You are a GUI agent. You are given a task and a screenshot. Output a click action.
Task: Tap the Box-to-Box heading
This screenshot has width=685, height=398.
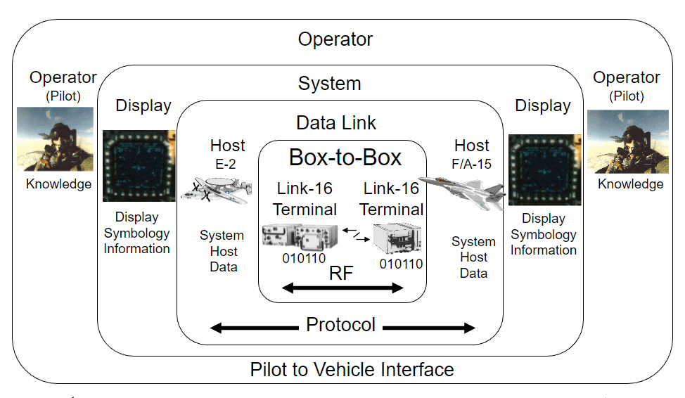[x=345, y=158]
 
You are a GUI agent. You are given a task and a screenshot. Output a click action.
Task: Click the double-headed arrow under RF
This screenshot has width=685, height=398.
[x=343, y=288]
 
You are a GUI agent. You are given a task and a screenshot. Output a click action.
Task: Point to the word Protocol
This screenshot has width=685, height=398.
[x=340, y=325]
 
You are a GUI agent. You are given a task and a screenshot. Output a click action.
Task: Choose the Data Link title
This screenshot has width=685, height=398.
[x=336, y=123]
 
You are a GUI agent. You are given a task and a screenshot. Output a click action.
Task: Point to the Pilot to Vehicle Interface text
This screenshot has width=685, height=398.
[x=352, y=369]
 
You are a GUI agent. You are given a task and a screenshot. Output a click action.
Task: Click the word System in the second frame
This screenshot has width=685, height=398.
[x=329, y=84]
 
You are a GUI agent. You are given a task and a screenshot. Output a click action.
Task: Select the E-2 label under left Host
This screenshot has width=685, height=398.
[x=227, y=163]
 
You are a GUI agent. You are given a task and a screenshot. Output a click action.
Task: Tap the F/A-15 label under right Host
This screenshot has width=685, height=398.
[x=472, y=165]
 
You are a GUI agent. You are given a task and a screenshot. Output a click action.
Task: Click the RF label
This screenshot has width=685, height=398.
[x=340, y=274]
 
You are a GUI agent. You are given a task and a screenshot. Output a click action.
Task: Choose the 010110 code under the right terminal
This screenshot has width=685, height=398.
[x=401, y=264]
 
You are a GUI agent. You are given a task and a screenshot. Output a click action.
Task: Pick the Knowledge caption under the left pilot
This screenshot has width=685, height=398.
[x=59, y=184]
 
